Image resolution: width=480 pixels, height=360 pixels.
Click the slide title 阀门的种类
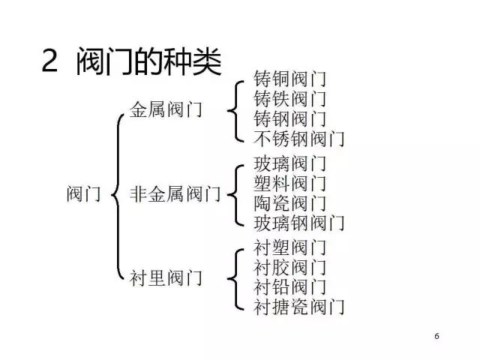[148, 61]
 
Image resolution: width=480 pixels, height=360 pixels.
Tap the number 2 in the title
[50, 61]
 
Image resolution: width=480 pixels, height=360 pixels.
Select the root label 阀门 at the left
[83, 193]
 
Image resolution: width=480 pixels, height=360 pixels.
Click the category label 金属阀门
[166, 109]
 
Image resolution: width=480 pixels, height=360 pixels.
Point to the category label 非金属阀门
[175, 193]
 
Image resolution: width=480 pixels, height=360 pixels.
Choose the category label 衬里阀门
[166, 278]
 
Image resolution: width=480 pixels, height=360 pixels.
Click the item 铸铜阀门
[289, 79]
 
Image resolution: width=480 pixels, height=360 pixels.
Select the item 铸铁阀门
[289, 99]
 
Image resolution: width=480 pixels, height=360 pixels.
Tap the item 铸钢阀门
[289, 118]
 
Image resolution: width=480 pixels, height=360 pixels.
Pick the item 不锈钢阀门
[298, 139]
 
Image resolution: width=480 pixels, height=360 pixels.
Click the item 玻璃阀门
[289, 163]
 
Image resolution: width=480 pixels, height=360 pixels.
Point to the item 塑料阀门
[289, 183]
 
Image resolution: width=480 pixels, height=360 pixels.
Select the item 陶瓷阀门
[289, 203]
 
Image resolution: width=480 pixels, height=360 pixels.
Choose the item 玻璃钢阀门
[298, 223]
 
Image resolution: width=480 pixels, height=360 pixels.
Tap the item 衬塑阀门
[289, 247]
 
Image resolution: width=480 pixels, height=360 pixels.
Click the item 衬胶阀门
[289, 268]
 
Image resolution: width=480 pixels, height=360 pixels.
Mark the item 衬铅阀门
[289, 287]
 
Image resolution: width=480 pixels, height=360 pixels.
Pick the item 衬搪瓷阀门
[298, 307]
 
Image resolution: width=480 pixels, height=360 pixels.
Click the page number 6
[436, 336]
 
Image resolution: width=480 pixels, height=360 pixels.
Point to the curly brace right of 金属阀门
[235, 112]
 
